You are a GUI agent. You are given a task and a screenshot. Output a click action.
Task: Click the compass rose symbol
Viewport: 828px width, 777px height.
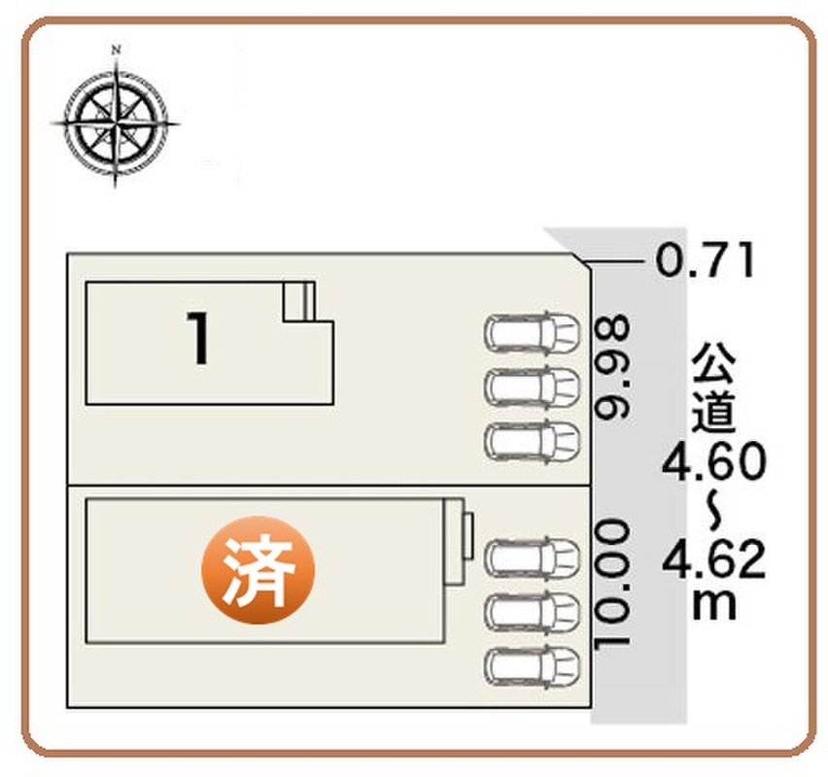tap(116, 123)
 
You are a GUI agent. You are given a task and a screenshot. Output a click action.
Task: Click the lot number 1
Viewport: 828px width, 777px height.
tap(198, 338)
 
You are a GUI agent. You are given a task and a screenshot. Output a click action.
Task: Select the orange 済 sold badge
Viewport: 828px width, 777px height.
tap(259, 570)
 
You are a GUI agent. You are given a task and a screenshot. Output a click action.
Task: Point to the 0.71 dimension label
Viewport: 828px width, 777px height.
tap(706, 260)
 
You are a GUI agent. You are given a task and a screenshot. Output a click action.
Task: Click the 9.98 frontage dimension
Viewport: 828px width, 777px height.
tap(612, 368)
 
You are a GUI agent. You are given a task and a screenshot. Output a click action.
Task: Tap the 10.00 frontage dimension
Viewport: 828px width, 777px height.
tap(612, 585)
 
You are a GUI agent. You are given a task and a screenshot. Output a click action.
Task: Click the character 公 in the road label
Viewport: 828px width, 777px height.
tap(713, 362)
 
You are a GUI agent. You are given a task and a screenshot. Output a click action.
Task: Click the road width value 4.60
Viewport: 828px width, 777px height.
tap(713, 461)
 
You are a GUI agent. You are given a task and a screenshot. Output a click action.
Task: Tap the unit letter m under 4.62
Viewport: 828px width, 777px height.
tap(714, 604)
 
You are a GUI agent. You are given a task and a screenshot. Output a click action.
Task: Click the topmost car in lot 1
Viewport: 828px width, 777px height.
tap(532, 332)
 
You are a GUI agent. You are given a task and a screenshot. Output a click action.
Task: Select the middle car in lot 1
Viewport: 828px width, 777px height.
tap(532, 387)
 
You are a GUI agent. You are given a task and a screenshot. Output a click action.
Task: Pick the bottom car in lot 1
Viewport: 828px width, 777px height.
tap(532, 440)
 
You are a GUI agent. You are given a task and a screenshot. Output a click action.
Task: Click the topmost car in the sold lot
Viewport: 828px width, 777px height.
tap(532, 557)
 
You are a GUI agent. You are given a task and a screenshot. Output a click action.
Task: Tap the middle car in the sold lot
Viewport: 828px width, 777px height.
tap(532, 612)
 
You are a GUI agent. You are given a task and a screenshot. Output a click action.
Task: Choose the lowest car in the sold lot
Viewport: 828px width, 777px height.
tap(532, 666)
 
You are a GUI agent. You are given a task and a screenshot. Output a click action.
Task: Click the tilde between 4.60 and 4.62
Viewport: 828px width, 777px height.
tap(713, 510)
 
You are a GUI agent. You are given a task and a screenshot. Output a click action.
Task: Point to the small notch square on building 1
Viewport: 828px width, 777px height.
tap(299, 301)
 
